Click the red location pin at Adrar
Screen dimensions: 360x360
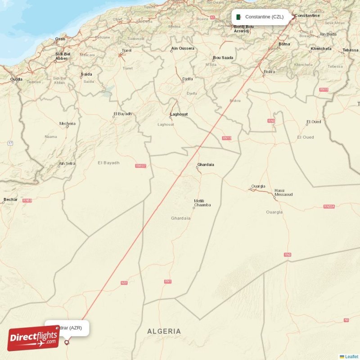tap(67, 342)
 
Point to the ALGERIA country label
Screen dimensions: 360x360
tap(164, 331)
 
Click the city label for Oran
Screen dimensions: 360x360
tap(60, 39)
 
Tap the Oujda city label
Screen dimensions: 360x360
tap(16, 80)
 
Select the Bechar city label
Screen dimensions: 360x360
tap(10, 199)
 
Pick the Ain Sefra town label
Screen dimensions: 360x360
tap(67, 163)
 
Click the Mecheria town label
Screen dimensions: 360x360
tap(67, 123)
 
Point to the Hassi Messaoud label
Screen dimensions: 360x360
tap(283, 193)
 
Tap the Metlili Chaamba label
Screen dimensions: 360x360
tap(202, 203)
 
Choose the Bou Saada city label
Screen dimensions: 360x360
tap(223, 58)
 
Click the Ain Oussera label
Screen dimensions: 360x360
tap(183, 48)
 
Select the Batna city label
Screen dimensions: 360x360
tap(284, 44)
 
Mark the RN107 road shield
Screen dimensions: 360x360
tap(141, 166)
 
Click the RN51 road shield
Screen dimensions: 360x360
tap(124, 283)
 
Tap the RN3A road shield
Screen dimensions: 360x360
tap(329, 207)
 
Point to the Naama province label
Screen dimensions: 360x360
tap(51, 136)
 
